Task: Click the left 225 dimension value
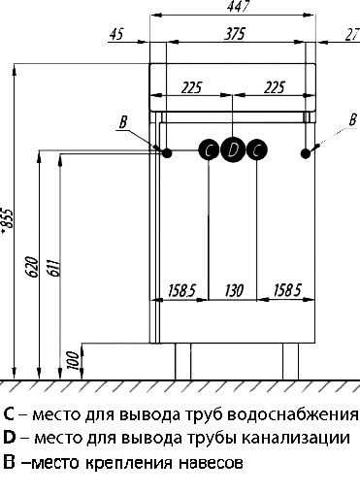(191, 88)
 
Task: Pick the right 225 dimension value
(275, 88)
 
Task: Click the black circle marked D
(233, 149)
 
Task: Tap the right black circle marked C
(256, 149)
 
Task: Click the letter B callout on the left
(122, 122)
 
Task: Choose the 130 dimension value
(234, 289)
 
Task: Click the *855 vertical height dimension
(8, 221)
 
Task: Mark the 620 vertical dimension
(31, 269)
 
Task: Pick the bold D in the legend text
(9, 439)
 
